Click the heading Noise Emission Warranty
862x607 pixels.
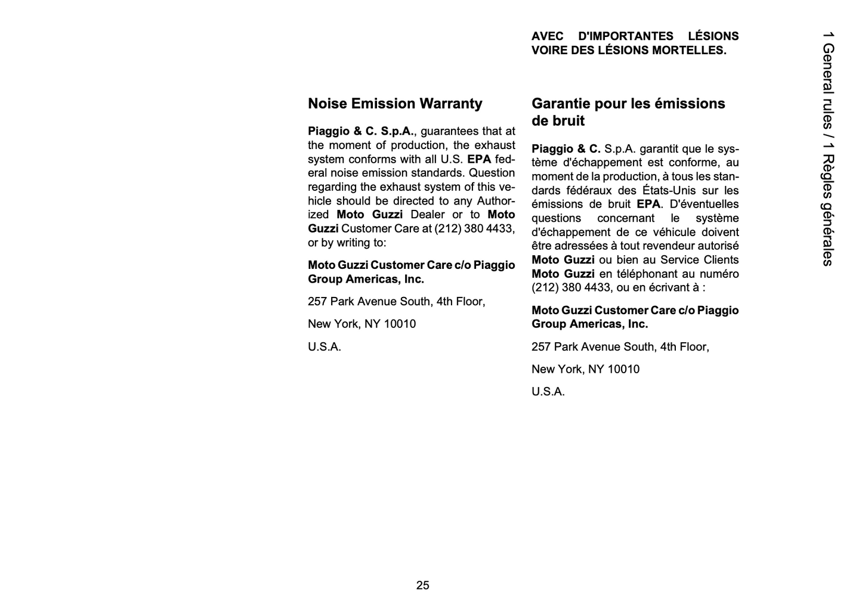(395, 104)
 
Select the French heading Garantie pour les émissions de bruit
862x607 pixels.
(628, 112)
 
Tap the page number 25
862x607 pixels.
(422, 586)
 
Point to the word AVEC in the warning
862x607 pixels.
(547, 36)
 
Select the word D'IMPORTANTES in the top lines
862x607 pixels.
(626, 36)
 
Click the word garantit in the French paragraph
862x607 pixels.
(659, 149)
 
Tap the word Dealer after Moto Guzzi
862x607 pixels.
(427, 215)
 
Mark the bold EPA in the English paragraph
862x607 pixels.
(479, 159)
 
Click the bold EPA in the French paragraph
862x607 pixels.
(648, 205)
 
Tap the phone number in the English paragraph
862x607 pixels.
(474, 229)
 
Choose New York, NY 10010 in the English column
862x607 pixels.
(362, 324)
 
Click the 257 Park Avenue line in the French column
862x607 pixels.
(620, 347)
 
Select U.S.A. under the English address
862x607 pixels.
(325, 347)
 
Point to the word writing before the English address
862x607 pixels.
(356, 243)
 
